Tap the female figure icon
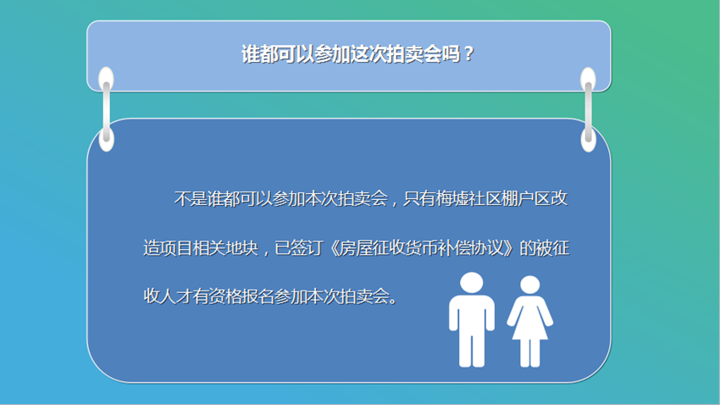pos(530,321)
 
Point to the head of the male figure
pos(472,282)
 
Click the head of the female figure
pos(530,285)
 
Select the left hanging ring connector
pos(107,109)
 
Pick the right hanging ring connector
pos(588,109)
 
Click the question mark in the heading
pos(468,54)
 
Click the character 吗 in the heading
pos(451,54)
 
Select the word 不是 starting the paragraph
pos(191,199)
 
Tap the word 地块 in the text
pos(242,248)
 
